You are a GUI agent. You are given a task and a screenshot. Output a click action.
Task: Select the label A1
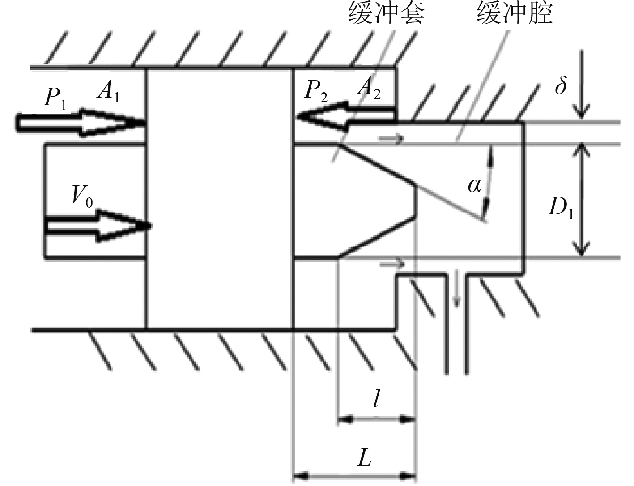click(108, 94)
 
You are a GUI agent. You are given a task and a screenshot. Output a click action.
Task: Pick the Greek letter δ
click(560, 85)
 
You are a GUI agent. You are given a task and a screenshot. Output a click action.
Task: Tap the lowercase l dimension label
click(376, 398)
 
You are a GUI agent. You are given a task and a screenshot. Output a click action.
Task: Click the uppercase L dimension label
click(364, 457)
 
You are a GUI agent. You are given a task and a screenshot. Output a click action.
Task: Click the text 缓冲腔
click(515, 13)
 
